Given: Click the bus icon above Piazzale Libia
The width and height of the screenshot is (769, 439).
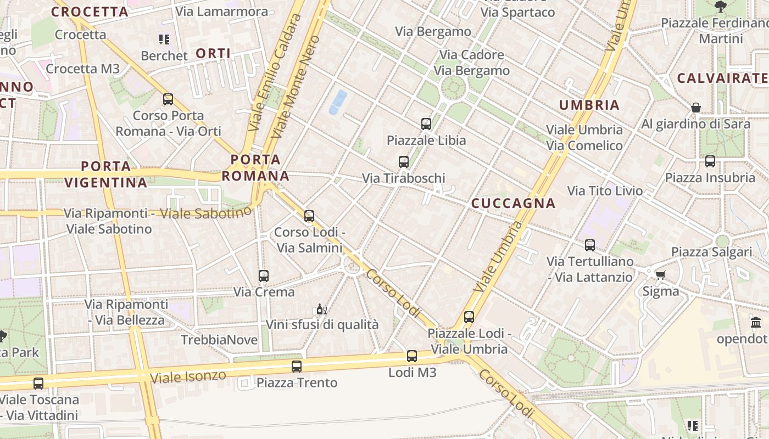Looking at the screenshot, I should coord(426,123).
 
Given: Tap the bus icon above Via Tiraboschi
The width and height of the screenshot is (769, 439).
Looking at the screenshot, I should coord(404,161).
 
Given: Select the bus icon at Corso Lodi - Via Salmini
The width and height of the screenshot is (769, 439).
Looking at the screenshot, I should coord(309,216).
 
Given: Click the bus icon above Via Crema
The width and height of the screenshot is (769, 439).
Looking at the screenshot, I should coord(264,275).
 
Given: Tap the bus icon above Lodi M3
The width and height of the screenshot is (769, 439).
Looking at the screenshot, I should coord(412,356).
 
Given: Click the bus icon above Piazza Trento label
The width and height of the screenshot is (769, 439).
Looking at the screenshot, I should coord(297,366).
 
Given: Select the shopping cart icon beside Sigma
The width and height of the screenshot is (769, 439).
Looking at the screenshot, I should coord(660,274).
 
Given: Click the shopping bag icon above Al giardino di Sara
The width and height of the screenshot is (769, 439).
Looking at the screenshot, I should coord(696,108).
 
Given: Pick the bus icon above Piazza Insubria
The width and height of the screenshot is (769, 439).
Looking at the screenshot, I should coord(710,161).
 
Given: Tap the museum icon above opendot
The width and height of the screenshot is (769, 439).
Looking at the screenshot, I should coord(756,322).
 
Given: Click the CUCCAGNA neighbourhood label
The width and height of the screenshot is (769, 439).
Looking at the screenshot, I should coord(514,203).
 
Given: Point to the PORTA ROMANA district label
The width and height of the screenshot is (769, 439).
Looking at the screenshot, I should coord(255,167).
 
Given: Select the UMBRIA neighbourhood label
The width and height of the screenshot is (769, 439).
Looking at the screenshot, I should coord(589,105).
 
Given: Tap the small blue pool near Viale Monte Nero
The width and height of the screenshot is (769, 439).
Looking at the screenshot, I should coord(338,102).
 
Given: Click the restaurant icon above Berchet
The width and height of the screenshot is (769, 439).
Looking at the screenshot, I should coord(164,39).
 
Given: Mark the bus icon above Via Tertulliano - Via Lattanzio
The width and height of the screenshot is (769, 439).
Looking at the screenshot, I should coord(590,245).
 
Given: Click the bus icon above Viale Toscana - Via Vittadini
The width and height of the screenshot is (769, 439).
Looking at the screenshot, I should coord(38,383).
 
